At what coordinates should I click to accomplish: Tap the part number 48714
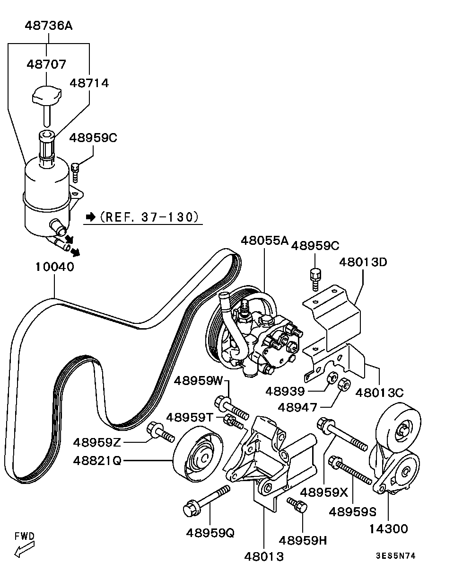pyautogui.click(x=89, y=83)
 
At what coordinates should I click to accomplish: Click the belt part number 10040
pyautogui.click(x=54, y=267)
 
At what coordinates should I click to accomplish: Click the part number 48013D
pyautogui.click(x=363, y=261)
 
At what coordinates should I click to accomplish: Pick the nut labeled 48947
pyautogui.click(x=344, y=384)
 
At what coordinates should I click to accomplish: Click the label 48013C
pyautogui.click(x=379, y=393)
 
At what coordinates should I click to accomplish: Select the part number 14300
pyautogui.click(x=388, y=528)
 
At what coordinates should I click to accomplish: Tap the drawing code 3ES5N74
pyautogui.click(x=395, y=556)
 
